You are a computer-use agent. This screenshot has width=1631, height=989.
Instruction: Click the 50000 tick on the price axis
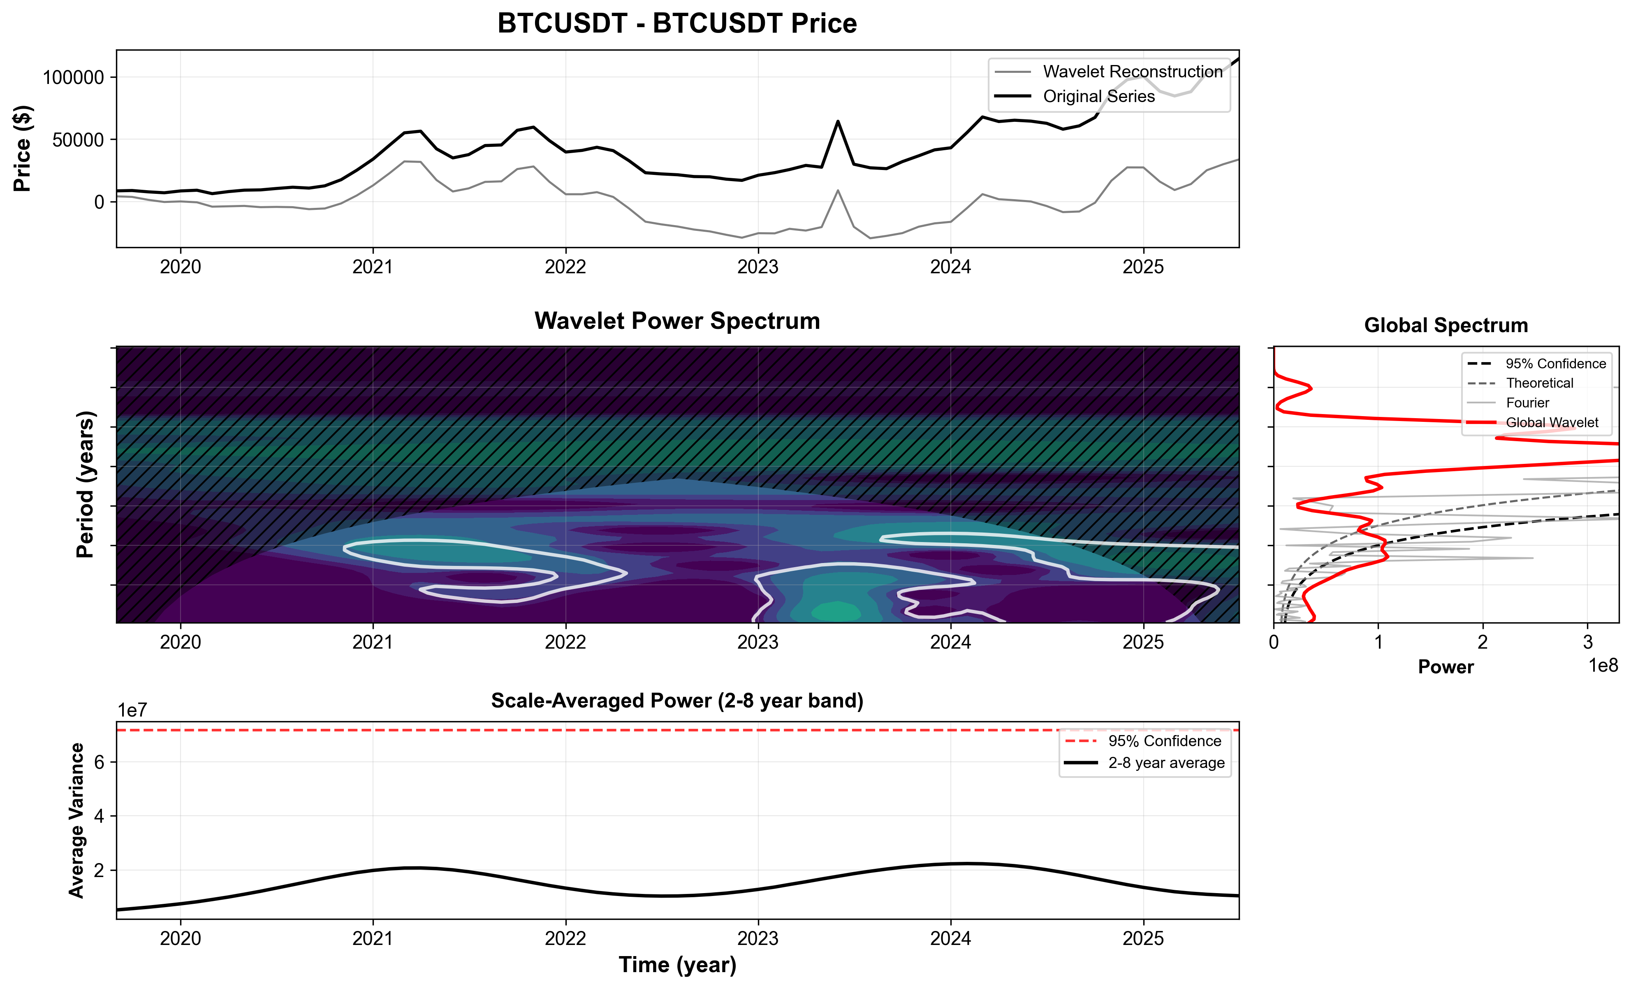click(78, 140)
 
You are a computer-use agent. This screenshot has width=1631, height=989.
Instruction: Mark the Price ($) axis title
click(23, 149)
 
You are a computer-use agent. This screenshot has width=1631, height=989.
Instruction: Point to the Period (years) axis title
click(86, 484)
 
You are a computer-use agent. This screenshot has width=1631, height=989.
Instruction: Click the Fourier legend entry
click(1527, 403)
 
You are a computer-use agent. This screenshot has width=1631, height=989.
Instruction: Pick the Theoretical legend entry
click(1539, 383)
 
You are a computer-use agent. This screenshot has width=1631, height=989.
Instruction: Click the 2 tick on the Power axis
click(1483, 642)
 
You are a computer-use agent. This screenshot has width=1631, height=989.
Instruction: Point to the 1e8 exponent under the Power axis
click(1603, 666)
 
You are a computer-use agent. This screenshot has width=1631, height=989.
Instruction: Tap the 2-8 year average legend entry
click(1165, 763)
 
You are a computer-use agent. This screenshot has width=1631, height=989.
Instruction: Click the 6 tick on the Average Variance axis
click(99, 762)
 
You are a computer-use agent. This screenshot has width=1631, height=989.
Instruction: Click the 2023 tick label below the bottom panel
click(758, 939)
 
